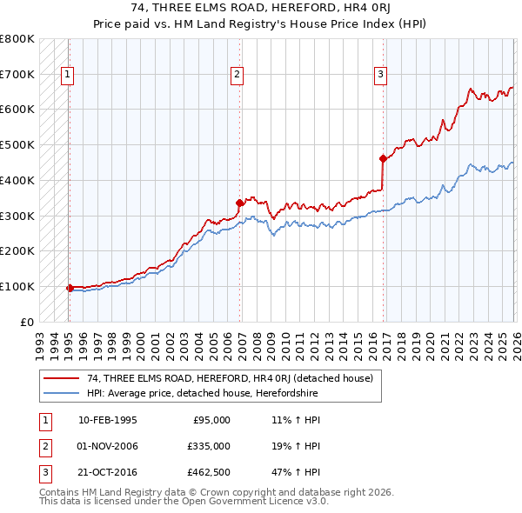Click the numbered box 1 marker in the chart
[69, 76]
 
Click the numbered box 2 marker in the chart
[237, 76]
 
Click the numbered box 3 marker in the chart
[380, 76]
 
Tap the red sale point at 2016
[383, 158]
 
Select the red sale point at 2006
[239, 203]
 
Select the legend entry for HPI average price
[203, 393]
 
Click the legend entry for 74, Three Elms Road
[230, 378]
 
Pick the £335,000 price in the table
[209, 446]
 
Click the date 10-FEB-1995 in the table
[107, 420]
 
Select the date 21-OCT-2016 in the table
[107, 472]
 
